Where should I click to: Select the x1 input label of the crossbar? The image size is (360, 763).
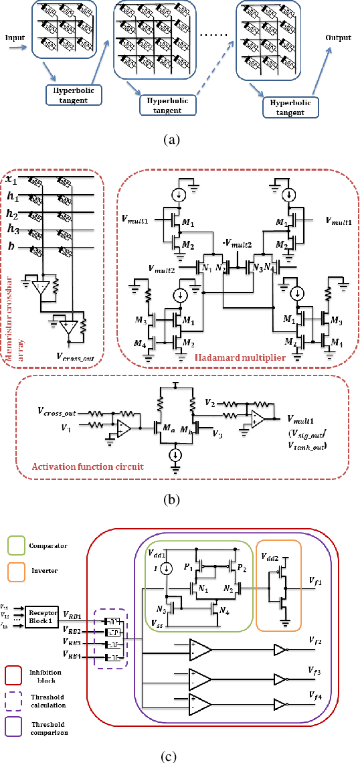pos(11,180)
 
